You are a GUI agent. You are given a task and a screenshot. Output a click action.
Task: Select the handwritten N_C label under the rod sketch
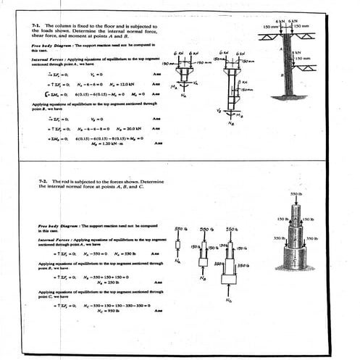pyautogui.click(x=229, y=301)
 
